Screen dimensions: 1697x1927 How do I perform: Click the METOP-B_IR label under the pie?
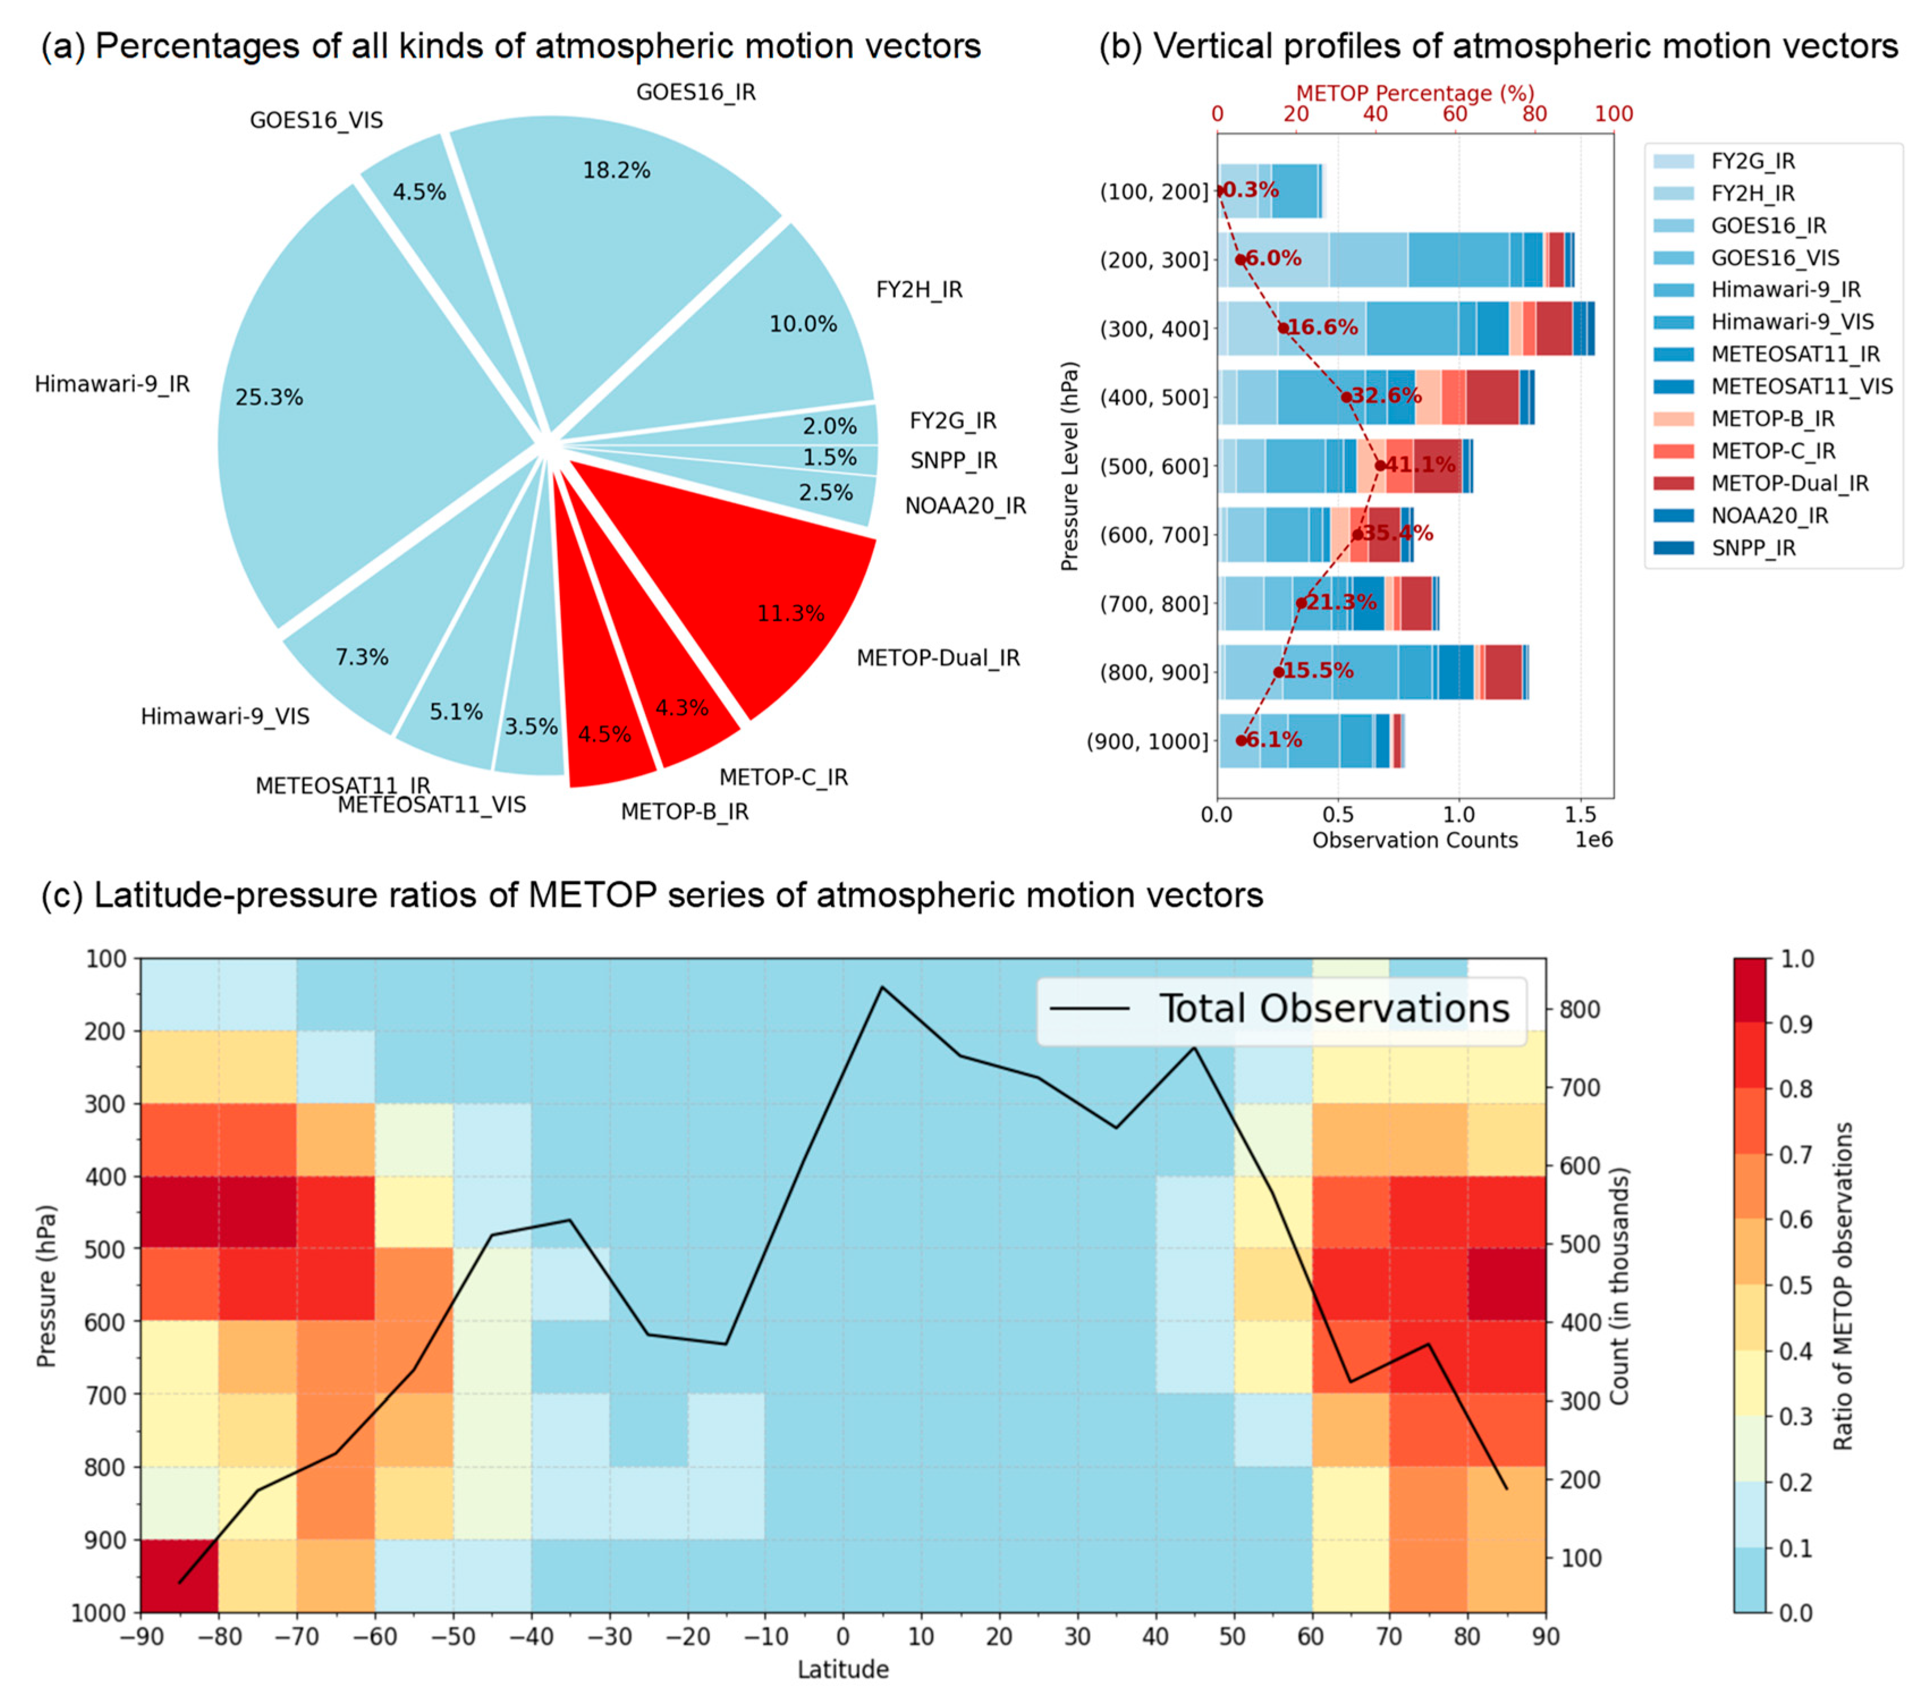[x=684, y=812]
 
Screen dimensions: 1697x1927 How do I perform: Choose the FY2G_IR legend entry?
[x=1752, y=161]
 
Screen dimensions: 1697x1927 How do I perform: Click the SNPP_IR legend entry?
[x=1752, y=548]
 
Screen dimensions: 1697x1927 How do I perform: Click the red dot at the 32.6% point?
[x=1346, y=397]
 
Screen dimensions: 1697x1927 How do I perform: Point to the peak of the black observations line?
[x=882, y=987]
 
